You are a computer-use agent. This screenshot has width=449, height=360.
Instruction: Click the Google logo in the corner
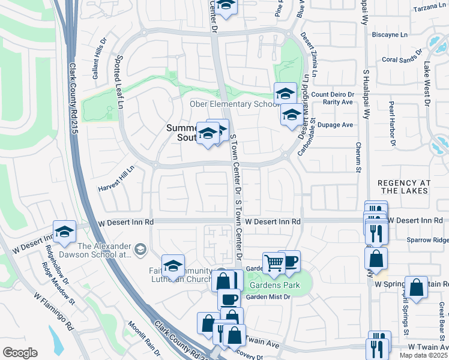pyautogui.click(x=20, y=353)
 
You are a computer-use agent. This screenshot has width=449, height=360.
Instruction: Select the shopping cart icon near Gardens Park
pyautogui.click(x=274, y=262)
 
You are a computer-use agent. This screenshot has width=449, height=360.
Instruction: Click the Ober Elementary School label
pyautogui.click(x=232, y=104)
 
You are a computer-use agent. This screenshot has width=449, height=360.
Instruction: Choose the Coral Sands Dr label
pyautogui.click(x=402, y=60)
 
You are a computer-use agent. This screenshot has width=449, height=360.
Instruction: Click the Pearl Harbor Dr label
pyautogui.click(x=392, y=124)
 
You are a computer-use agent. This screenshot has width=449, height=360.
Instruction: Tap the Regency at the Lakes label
pyautogui.click(x=403, y=186)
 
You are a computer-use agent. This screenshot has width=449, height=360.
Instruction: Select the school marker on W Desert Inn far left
pyautogui.click(x=64, y=233)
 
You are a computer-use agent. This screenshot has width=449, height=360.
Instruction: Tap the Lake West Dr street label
pyautogui.click(x=427, y=84)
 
